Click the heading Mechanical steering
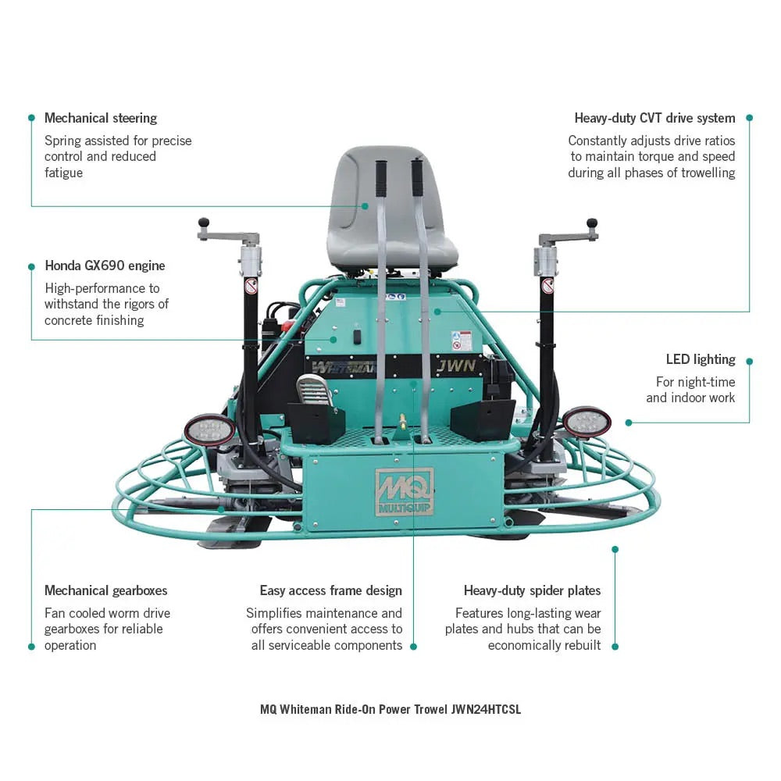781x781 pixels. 101,118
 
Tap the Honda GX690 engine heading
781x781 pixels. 105,266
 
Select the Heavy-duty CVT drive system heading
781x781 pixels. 654,118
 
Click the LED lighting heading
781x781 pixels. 700,359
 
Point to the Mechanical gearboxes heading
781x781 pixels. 105,590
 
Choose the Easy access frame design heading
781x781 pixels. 331,590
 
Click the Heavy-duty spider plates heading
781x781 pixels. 532,590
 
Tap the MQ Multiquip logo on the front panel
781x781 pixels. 404,490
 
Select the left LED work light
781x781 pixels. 209,430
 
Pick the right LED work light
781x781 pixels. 587,422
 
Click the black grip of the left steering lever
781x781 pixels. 381,179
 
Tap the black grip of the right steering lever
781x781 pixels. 418,177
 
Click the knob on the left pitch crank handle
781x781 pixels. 204,223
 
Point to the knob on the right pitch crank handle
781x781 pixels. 592,223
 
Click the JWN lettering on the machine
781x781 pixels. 451,366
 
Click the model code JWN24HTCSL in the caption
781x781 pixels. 485,709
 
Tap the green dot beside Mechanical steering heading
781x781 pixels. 31,118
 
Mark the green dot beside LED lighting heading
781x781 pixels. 749,362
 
